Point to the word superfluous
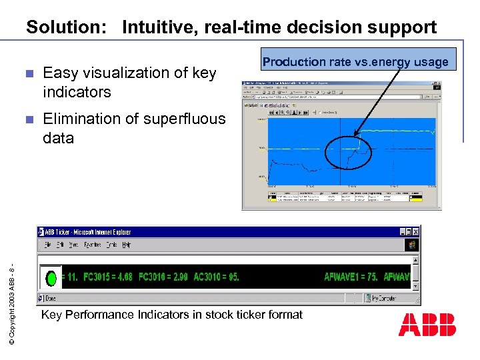[x=185, y=119]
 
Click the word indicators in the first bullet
[x=77, y=91]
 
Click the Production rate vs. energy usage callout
[x=355, y=62]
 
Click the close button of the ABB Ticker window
[x=415, y=231]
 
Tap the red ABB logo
[x=427, y=325]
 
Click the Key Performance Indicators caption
[x=171, y=315]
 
